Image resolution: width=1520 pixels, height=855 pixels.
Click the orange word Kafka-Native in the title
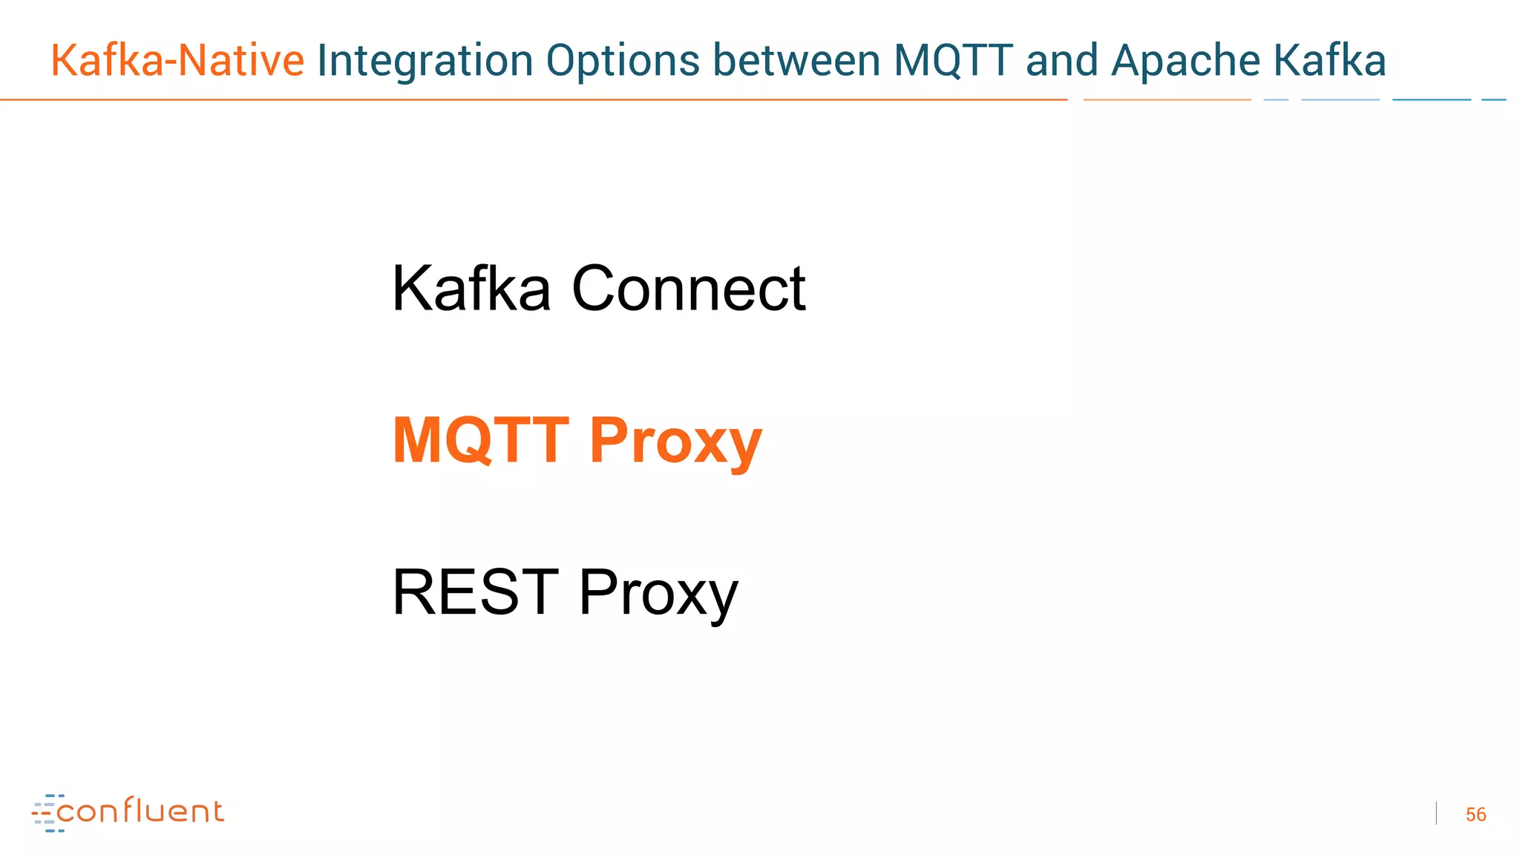coord(177,60)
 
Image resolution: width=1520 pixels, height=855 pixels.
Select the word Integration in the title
coord(425,62)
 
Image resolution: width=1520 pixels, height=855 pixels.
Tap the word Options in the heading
coord(623,62)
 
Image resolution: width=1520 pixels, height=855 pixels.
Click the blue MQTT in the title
coord(953,60)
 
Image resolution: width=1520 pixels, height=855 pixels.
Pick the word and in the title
coord(1061,60)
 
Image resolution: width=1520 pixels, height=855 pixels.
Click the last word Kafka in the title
coord(1329,60)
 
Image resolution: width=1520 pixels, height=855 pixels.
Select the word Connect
coord(688,289)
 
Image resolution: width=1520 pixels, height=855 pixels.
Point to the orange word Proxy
coord(675,442)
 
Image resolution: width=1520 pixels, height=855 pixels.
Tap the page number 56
coord(1475,814)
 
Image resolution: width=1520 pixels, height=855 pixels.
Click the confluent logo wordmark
coord(140,811)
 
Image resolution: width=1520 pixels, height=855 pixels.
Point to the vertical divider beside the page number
coord(1436,813)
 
